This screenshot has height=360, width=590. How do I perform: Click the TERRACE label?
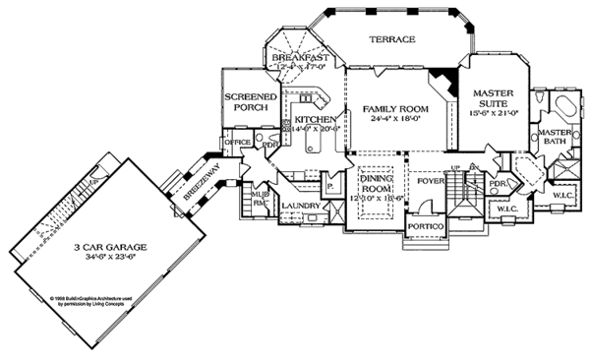pyautogui.click(x=391, y=40)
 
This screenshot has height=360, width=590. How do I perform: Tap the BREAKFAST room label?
pyautogui.click(x=298, y=59)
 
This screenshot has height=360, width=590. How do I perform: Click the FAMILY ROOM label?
pyautogui.click(x=390, y=109)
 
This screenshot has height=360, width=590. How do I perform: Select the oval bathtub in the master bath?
pyautogui.click(x=564, y=108)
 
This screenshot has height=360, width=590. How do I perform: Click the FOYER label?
pyautogui.click(x=430, y=180)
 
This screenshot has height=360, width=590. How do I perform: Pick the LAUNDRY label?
pyautogui.click(x=301, y=206)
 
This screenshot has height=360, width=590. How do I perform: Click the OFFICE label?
pyautogui.click(x=238, y=143)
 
